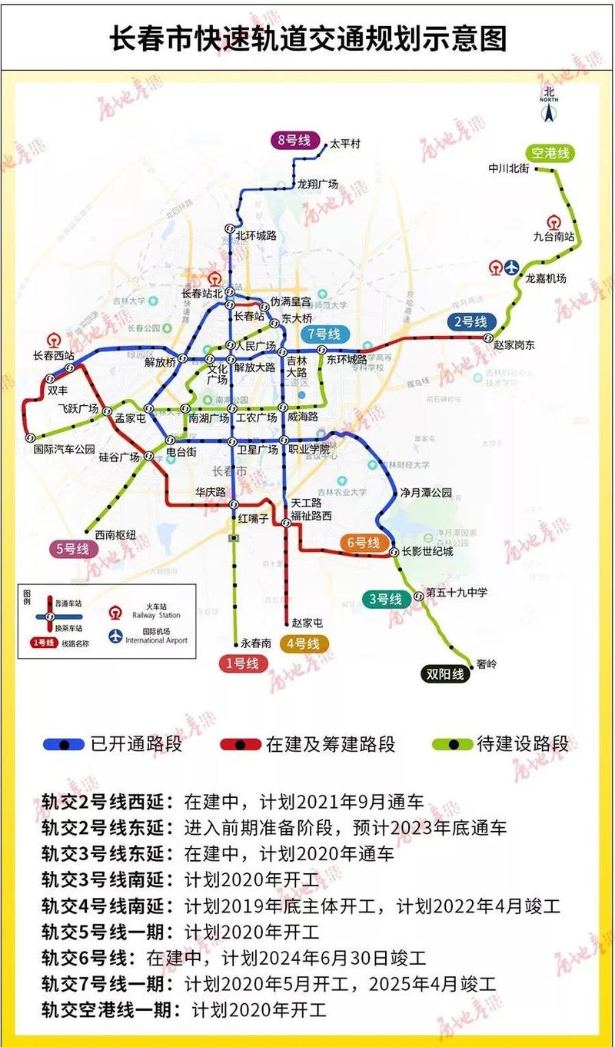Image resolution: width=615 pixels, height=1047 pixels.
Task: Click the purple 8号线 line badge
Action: click(x=293, y=140)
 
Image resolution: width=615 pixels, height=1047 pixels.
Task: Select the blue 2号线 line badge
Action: click(x=469, y=322)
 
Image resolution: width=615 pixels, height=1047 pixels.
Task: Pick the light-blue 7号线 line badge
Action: click(x=324, y=334)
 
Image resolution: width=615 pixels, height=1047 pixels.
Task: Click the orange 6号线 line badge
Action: click(x=362, y=543)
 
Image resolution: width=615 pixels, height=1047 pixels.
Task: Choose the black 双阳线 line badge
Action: click(x=445, y=674)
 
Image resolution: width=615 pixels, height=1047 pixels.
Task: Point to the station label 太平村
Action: click(x=345, y=144)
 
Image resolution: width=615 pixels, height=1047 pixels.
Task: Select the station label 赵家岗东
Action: click(x=514, y=345)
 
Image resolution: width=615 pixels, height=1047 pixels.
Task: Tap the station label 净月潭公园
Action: click(x=426, y=493)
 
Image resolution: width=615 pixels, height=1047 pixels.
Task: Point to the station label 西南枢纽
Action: click(x=115, y=534)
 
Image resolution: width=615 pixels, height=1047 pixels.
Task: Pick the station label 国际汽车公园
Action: click(x=65, y=448)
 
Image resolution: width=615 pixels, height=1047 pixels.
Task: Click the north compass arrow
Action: click(x=548, y=112)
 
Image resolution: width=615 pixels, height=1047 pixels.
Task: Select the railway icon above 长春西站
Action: click(x=54, y=340)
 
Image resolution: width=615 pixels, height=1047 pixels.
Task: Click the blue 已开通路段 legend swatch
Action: click(x=64, y=744)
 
